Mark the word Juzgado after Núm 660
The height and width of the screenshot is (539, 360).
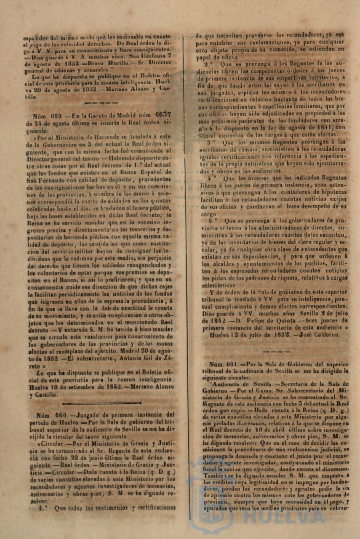(x=87, y=414)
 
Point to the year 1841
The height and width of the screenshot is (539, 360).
(x=326, y=128)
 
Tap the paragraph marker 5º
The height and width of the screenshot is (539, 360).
(x=213, y=220)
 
